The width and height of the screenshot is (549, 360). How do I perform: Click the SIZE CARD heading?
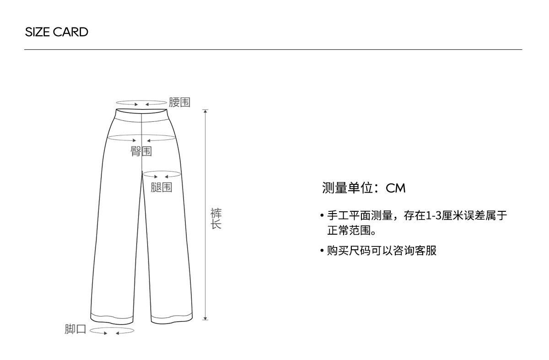click(x=56, y=32)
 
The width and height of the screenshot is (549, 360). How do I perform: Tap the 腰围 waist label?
click(x=179, y=102)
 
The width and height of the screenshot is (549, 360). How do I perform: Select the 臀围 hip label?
click(x=141, y=151)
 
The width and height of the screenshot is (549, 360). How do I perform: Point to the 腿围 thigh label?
click(x=161, y=187)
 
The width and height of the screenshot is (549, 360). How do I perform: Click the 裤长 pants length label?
click(x=216, y=219)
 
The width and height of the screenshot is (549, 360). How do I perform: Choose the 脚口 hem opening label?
click(x=75, y=329)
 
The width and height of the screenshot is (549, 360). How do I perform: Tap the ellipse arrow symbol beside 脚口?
click(x=112, y=330)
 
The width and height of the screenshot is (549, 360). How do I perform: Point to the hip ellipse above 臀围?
click(x=141, y=139)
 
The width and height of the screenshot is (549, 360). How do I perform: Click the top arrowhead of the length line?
click(x=205, y=111)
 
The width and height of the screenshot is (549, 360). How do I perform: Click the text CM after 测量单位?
click(x=396, y=188)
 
